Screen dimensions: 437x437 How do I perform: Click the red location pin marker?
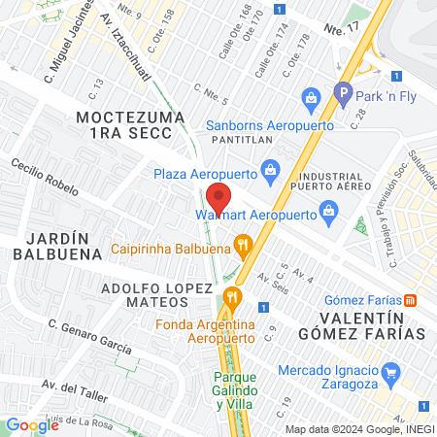[x=219, y=198]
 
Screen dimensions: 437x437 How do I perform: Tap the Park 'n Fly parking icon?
[x=342, y=94]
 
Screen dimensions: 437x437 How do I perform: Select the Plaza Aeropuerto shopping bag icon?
[x=272, y=173]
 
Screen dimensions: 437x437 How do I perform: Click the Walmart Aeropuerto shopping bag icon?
[x=328, y=210]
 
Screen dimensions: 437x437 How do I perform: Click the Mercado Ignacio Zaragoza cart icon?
[x=390, y=371]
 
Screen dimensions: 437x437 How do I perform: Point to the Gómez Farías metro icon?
[x=411, y=299]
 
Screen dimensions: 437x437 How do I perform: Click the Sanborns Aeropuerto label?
[x=269, y=125]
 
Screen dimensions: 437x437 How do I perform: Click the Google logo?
[x=32, y=424]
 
